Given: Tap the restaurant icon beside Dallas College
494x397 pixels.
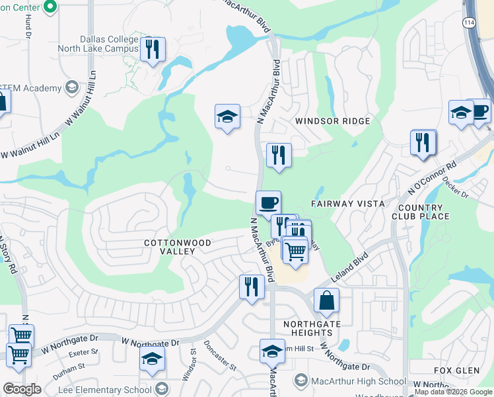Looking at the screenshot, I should [153, 50].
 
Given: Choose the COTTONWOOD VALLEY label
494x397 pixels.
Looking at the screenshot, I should [178, 247].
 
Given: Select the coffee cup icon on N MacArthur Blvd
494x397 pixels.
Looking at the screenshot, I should [268, 202].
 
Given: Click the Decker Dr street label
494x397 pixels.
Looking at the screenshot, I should [455, 187].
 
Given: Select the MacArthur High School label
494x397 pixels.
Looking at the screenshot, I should [358, 381].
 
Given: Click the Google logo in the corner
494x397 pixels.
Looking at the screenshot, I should [22, 389].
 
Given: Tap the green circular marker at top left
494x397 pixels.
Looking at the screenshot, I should [48, 6].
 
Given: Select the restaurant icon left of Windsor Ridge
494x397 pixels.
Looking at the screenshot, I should [279, 155].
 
